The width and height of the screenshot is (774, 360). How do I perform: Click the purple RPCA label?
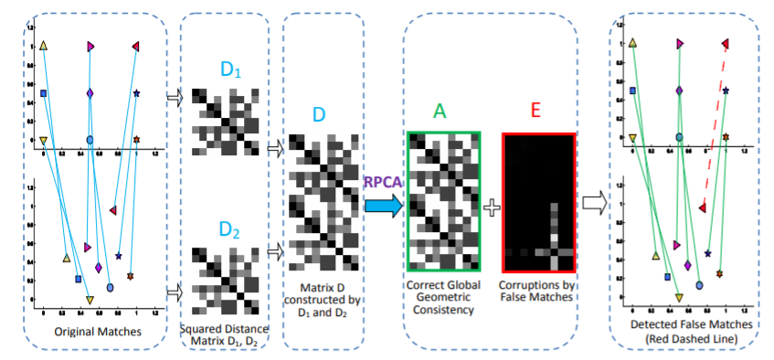coord(382,183)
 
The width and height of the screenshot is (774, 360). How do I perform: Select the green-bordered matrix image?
coord(442,200)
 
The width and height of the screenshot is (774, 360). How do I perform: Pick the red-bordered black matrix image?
coord(537,201)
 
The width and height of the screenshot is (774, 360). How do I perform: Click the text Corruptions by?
coord(536,285)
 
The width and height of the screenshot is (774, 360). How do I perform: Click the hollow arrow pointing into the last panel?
coord(595,203)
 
